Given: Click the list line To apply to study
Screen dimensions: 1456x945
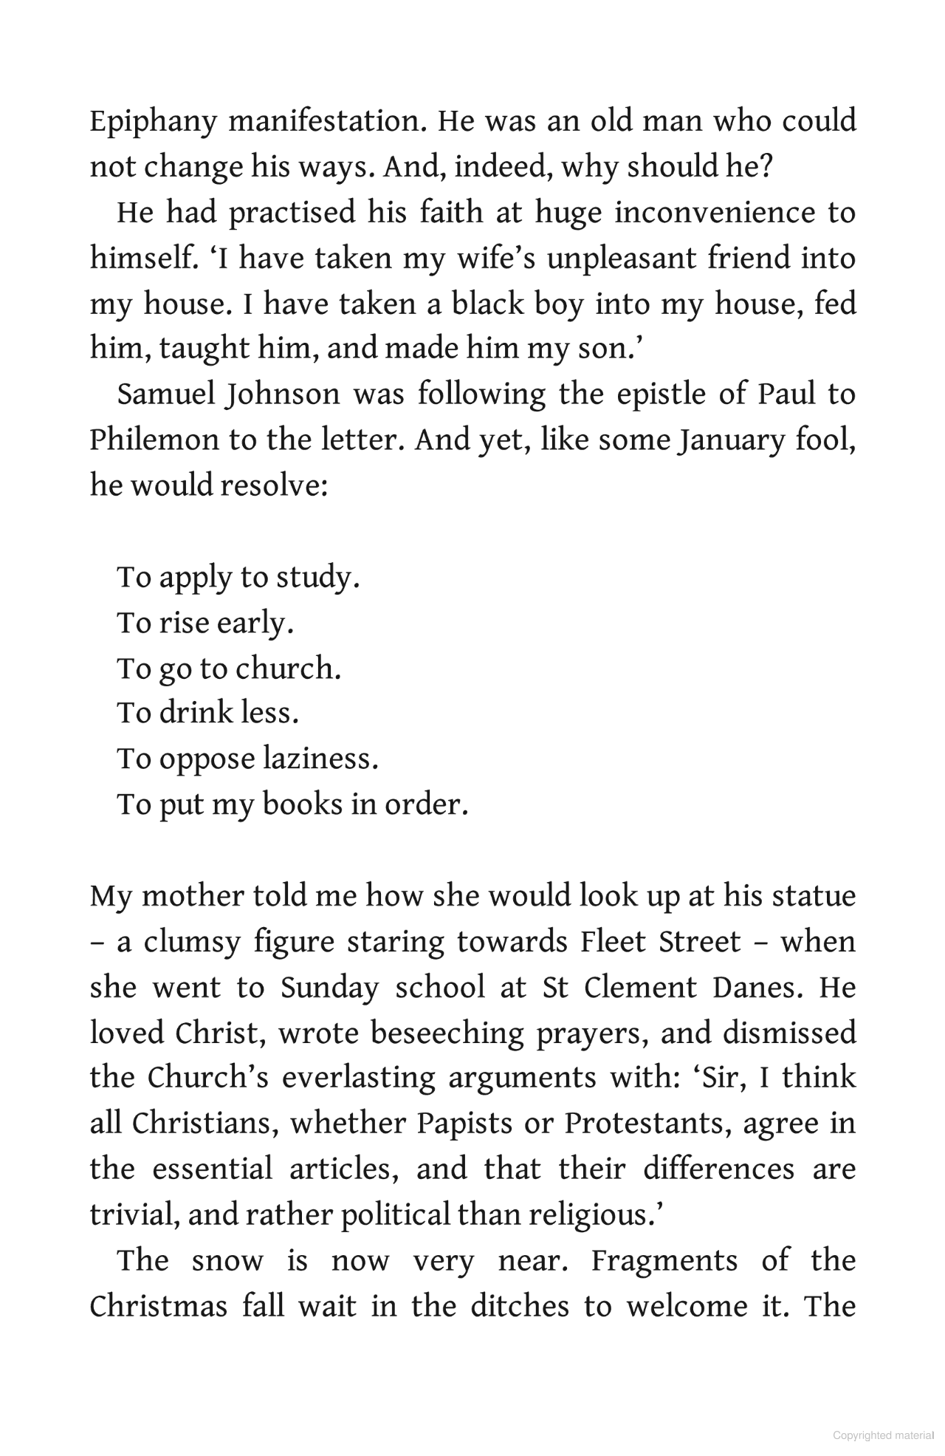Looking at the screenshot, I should pos(238,577).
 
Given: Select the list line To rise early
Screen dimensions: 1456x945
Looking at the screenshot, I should pos(205,623).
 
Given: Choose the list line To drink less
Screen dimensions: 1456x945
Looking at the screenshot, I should pos(207,713).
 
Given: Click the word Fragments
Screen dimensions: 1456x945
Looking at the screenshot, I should pos(664,1261).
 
